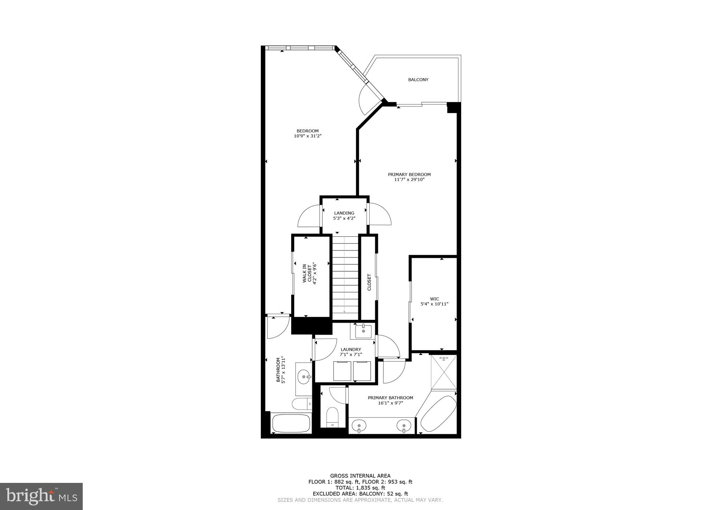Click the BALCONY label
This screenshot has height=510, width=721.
[418, 80]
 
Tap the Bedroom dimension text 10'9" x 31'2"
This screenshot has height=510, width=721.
[308, 136]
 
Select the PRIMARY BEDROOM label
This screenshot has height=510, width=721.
[409, 174]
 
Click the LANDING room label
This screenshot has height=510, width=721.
[344, 213]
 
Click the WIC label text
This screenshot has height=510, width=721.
[434, 299]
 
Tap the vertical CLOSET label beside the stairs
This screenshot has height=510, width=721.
[369, 282]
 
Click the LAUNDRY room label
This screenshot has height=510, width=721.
[351, 349]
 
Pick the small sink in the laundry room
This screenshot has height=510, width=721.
[363, 331]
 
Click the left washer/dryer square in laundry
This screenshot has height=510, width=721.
[342, 371]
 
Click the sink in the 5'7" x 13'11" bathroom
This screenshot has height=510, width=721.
[304, 377]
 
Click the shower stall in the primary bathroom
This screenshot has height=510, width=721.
[444, 372]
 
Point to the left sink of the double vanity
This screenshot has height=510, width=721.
[359, 425]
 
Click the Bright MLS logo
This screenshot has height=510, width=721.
[41, 496]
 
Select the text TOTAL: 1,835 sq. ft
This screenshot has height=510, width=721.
[360, 488]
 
